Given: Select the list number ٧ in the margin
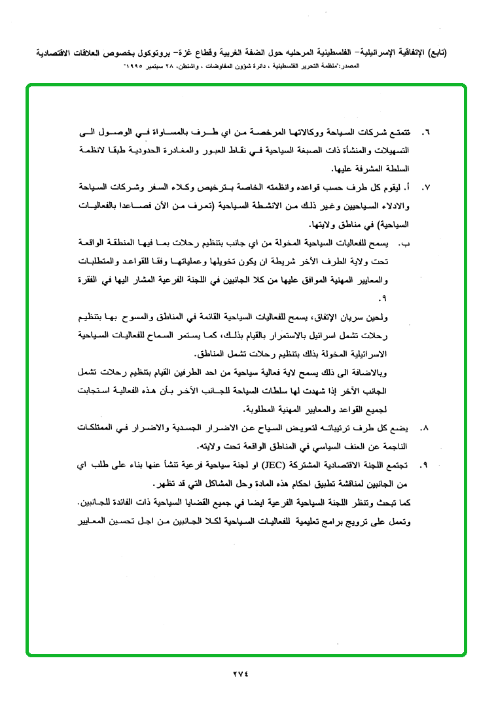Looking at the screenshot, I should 426,188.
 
